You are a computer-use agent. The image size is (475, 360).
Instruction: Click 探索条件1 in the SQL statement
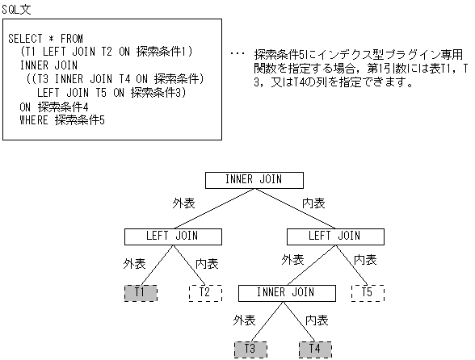(162, 52)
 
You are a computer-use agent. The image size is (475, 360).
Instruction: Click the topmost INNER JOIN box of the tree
(254, 180)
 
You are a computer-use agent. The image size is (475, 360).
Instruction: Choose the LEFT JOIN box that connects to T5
(335, 237)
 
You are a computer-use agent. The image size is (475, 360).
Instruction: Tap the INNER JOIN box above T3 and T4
(287, 292)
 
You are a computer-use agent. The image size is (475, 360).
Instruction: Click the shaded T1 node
(141, 292)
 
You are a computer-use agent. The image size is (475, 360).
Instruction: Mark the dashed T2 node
(205, 292)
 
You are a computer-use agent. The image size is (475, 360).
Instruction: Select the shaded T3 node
(250, 349)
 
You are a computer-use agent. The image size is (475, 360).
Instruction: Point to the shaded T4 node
(315, 349)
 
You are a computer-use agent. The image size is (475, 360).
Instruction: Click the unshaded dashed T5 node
(368, 292)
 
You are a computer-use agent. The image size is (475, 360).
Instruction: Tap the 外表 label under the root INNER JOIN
(183, 202)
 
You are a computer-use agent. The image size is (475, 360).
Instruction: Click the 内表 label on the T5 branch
(366, 260)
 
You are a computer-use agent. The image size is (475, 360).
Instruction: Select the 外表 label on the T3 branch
(243, 320)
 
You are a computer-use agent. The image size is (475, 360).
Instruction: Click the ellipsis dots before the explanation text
(237, 54)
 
